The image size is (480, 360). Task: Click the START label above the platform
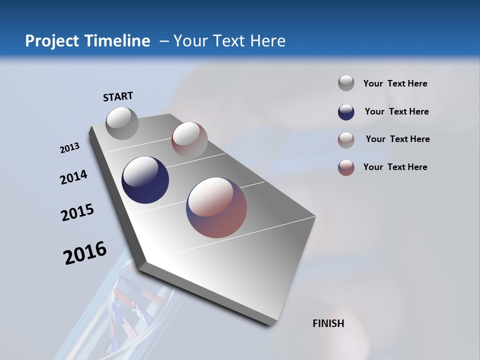coord(118,96)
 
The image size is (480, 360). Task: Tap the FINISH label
coord(328,323)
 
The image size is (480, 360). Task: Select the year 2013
coord(69,148)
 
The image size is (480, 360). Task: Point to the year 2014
coord(73,177)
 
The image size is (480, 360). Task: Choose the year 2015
coord(77,212)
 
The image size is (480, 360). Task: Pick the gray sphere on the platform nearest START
coord(122,123)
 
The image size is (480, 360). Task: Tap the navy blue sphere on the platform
coord(145,180)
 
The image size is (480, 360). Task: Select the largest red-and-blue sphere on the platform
coord(216,207)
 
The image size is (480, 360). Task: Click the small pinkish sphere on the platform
coord(189,139)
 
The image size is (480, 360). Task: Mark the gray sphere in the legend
coord(346,83)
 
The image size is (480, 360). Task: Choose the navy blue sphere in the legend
coord(346,112)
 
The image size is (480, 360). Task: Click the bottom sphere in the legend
coord(346,167)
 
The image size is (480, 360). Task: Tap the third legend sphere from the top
coord(346,140)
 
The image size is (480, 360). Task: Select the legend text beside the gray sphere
coord(395,84)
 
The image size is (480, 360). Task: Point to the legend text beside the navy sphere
coord(396,111)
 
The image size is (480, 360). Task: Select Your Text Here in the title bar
coord(229,41)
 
